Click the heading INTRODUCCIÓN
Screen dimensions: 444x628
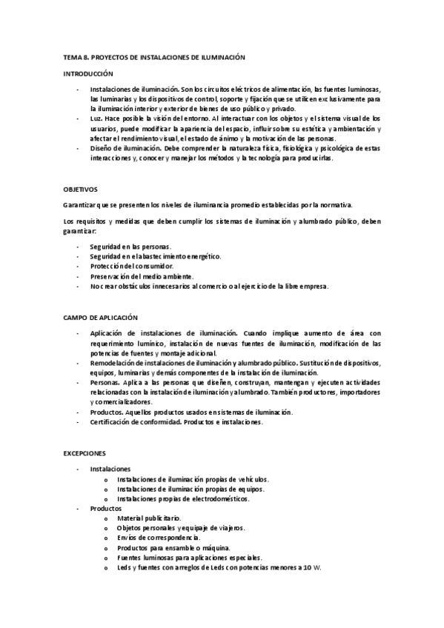(x=88, y=74)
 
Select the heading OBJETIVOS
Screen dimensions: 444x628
(x=81, y=189)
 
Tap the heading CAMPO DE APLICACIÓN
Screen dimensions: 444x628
(x=100, y=317)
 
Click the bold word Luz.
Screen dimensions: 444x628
(x=96, y=118)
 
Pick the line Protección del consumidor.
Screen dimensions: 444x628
(x=131, y=266)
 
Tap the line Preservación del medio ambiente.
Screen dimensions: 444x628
(x=140, y=276)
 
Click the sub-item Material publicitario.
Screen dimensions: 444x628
(x=148, y=518)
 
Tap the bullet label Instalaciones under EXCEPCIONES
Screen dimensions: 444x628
(x=110, y=470)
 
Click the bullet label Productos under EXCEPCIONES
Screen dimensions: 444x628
(x=106, y=509)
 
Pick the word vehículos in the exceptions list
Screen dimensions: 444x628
(x=247, y=479)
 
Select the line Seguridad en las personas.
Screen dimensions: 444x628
(x=130, y=247)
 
